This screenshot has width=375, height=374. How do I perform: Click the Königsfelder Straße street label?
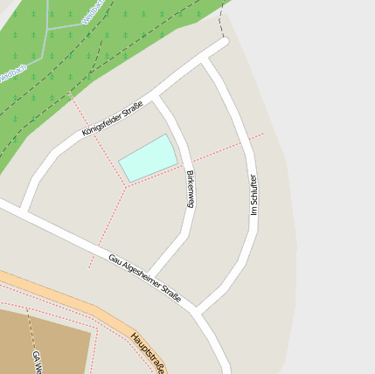[x=113, y=120]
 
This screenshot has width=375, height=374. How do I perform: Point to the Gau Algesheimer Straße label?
[x=144, y=278]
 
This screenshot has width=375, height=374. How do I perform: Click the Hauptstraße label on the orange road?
[x=148, y=350]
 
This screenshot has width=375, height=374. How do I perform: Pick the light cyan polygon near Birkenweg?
[x=148, y=158]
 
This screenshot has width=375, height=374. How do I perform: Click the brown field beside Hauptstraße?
[x=44, y=341]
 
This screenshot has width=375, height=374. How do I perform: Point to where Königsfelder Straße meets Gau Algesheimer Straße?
[x=24, y=211]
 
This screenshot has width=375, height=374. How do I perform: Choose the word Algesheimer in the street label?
[x=140, y=275]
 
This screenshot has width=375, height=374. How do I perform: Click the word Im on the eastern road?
[x=254, y=212]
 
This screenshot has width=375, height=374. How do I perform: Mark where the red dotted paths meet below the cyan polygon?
[x=128, y=185]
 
